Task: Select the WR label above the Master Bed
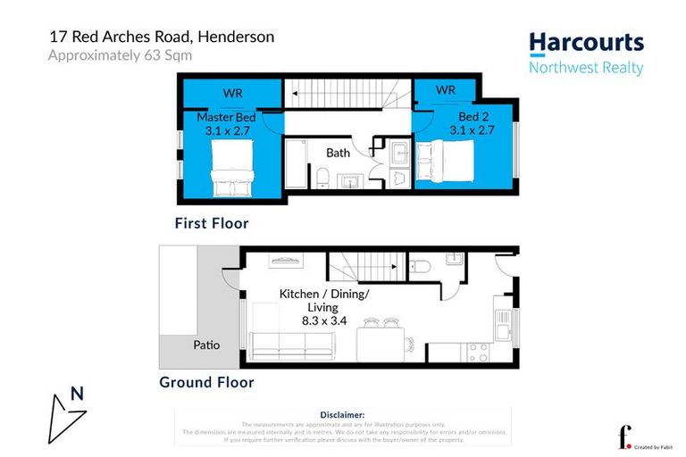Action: (x=231, y=92)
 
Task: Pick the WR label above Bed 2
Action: (x=447, y=90)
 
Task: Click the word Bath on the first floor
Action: (x=338, y=153)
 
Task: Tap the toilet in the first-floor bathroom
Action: (x=321, y=179)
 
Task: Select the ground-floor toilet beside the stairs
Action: (x=420, y=265)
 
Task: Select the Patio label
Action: (x=206, y=344)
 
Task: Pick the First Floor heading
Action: (x=212, y=223)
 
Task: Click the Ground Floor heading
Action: (x=206, y=382)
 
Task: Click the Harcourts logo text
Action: (x=586, y=43)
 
